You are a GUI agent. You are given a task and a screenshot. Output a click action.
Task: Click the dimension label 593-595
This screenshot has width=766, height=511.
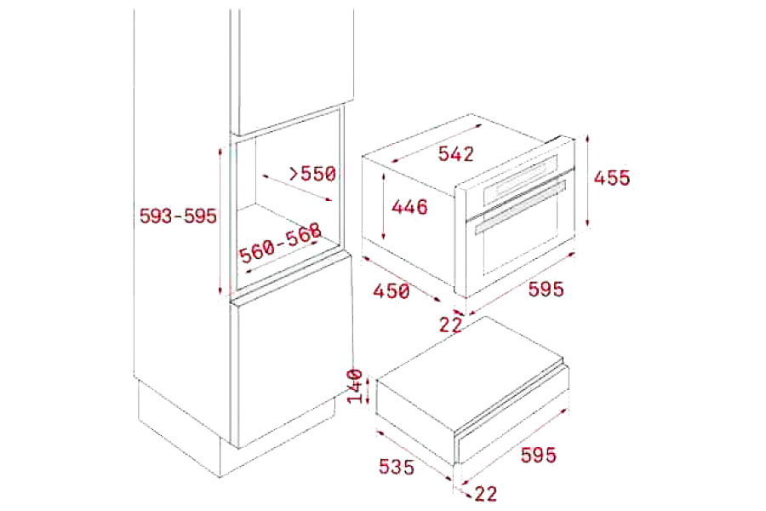click(178, 215)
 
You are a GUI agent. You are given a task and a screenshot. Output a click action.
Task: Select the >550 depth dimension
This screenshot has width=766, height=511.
click(312, 173)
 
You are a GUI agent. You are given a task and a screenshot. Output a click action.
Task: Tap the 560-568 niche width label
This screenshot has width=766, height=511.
click(280, 243)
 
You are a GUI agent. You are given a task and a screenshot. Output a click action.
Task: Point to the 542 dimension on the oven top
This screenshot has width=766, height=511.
click(456, 153)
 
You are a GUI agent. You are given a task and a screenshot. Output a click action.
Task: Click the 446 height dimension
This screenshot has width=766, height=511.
click(409, 206)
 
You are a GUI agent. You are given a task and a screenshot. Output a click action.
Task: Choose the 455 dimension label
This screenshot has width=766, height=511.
click(612, 177)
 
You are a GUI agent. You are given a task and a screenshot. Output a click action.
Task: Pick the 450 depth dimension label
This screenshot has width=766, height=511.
click(392, 291)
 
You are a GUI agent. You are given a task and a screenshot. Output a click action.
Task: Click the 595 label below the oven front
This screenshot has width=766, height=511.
click(546, 289)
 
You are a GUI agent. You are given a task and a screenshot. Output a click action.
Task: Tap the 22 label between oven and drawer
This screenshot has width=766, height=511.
click(450, 324)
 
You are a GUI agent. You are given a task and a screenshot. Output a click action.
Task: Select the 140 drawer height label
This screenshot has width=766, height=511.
click(356, 387)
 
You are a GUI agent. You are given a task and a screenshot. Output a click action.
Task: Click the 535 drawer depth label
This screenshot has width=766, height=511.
click(397, 467)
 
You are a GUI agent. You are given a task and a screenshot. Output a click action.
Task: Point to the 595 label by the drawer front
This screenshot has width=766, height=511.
click(539, 456)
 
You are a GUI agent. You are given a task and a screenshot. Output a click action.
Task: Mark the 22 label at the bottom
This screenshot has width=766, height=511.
click(485, 493)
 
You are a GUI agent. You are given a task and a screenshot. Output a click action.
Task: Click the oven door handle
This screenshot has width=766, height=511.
click(520, 206)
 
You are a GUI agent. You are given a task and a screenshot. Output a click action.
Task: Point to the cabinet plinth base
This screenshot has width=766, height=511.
click(230, 428)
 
